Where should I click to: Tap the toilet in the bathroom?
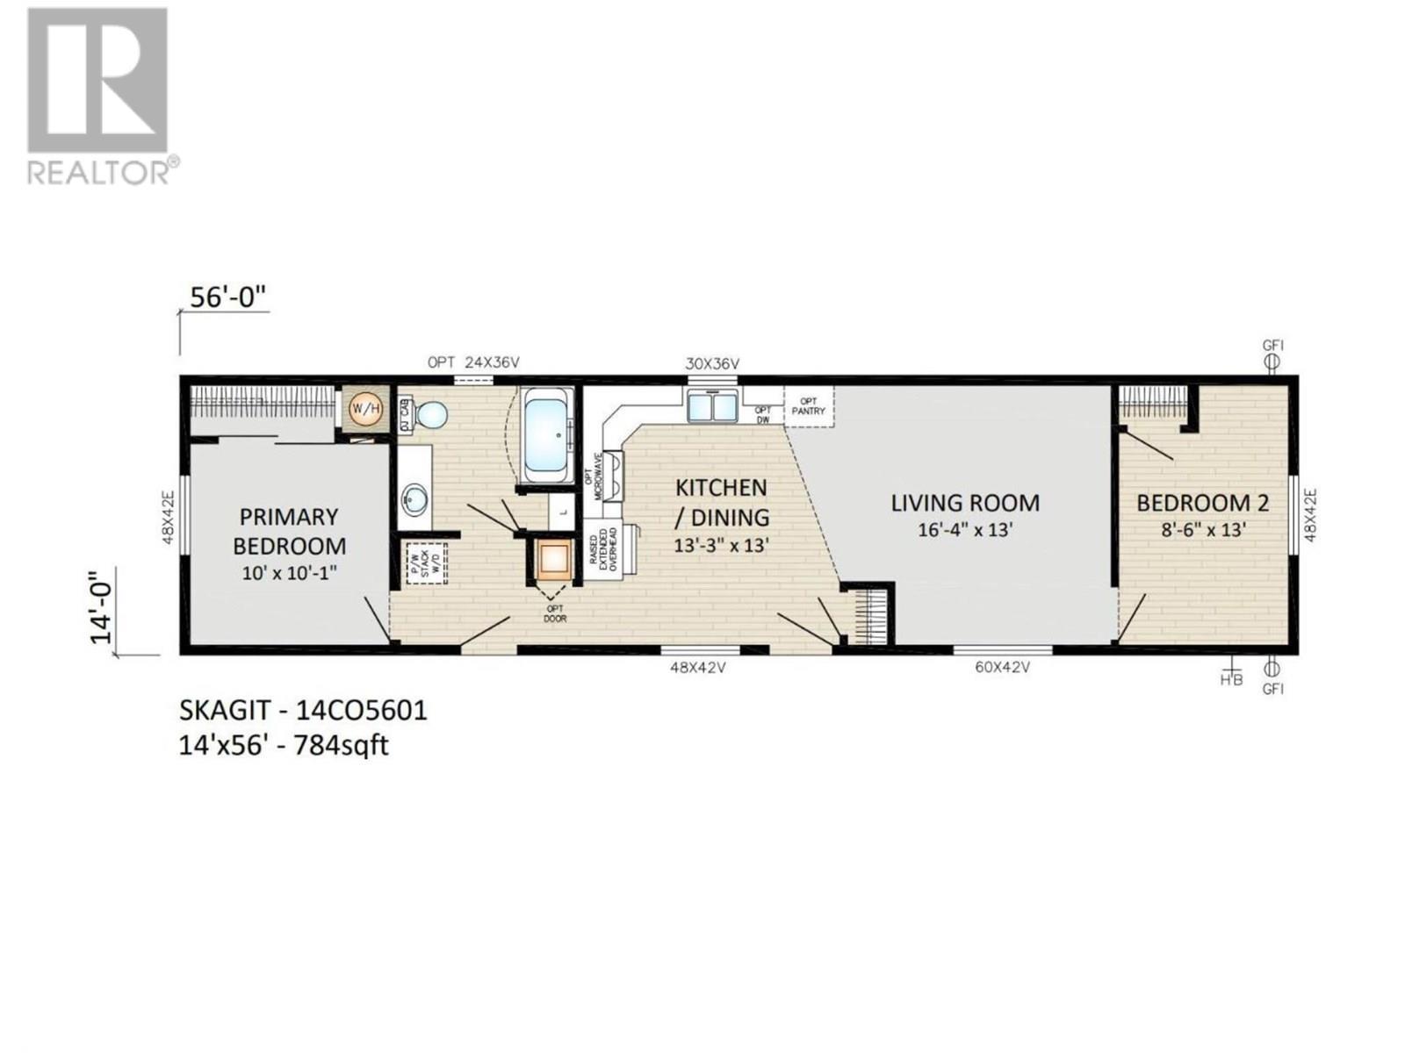(429, 414)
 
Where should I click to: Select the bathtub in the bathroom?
(549, 436)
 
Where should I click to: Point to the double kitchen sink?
(713, 407)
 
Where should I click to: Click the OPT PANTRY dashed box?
(808, 406)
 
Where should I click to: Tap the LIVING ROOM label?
(965, 503)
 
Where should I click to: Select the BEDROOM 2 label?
(1202, 503)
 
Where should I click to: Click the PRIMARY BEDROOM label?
(289, 531)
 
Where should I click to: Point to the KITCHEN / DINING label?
(721, 502)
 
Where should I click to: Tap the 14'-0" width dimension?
(105, 605)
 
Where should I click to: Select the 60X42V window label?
(1002, 667)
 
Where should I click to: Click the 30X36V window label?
(712, 363)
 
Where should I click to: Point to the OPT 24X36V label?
(473, 362)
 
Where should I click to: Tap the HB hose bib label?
(1232, 678)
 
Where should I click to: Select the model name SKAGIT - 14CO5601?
(303, 709)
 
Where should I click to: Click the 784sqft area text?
(342, 746)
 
